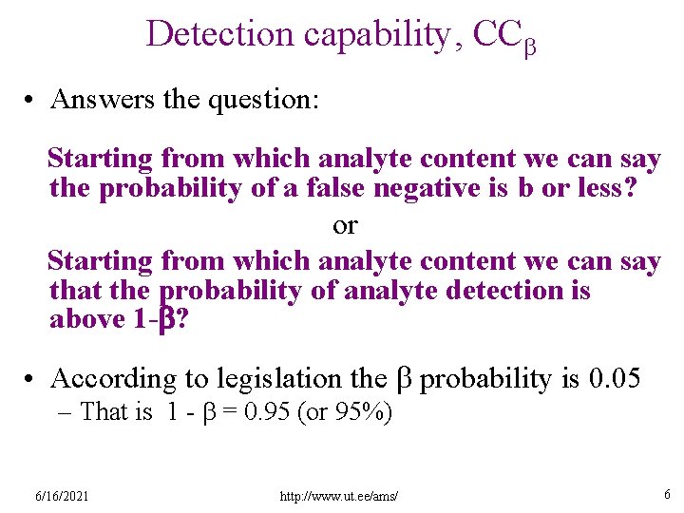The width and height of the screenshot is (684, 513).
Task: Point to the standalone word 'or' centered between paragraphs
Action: click(x=345, y=225)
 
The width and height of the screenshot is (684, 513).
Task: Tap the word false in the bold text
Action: click(x=338, y=188)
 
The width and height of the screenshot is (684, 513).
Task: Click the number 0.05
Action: click(x=615, y=378)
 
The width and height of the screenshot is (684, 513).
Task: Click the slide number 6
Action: click(x=667, y=494)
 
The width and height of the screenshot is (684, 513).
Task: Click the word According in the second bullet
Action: click(x=114, y=379)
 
